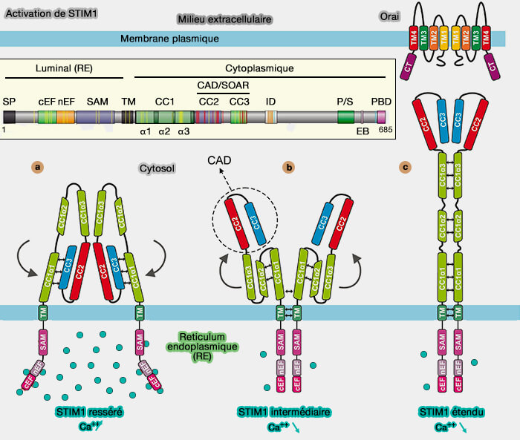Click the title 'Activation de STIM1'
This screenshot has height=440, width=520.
click(x=43, y=13)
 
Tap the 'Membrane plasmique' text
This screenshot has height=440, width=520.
click(x=164, y=39)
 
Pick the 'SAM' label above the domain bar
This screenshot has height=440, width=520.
click(x=97, y=101)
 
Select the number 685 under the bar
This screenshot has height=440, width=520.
click(x=385, y=130)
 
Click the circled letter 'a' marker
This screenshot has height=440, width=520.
click(x=36, y=167)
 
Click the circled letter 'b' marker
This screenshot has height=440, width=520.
click(x=288, y=167)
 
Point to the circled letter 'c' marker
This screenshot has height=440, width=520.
click(x=405, y=167)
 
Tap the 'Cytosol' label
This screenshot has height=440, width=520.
click(x=156, y=168)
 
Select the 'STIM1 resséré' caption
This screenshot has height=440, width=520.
click(x=88, y=413)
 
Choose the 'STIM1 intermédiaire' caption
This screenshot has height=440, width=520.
click(x=284, y=413)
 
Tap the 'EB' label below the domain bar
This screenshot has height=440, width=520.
click(x=363, y=131)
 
